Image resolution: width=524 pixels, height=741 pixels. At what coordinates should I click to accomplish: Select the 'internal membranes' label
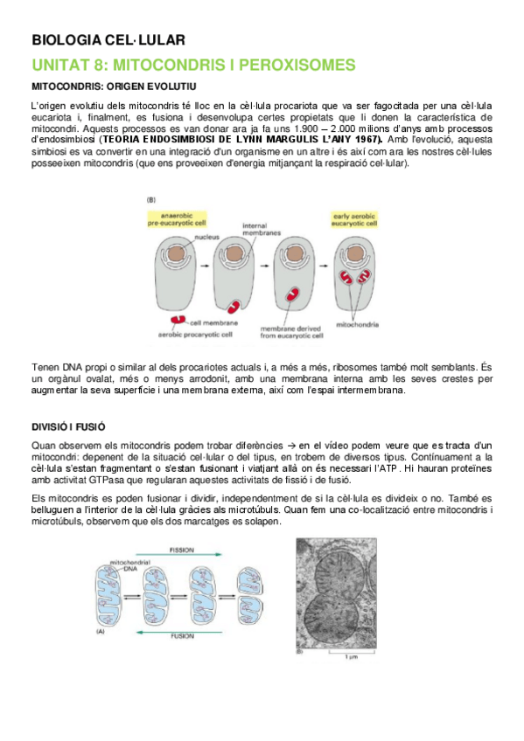click(261, 230)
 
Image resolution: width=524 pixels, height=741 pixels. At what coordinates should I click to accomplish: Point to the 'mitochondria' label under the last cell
click(357, 324)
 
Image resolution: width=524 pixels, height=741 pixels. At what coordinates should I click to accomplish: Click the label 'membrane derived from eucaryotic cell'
click(293, 329)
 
